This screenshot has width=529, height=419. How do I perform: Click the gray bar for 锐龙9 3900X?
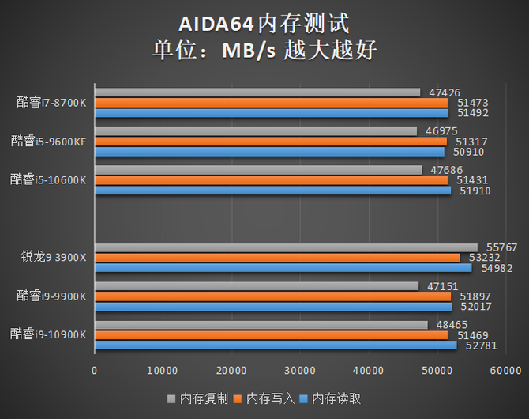pos(286,247)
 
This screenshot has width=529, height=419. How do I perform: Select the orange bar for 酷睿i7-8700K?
pos(271,103)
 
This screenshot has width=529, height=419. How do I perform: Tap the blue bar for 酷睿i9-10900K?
pos(276,345)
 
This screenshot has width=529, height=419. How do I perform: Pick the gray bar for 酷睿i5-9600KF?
pos(255,131)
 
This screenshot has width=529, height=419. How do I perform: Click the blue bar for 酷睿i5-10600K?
pos(272,191)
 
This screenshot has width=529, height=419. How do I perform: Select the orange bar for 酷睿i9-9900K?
pos(272,296)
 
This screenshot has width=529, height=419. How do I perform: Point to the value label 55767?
pos(501,247)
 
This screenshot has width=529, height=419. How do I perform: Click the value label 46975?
pos(441,131)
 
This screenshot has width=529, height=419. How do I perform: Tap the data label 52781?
pos(482,345)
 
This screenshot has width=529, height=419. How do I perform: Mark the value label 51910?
pos(475,191)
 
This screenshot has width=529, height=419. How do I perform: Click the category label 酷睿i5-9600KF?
pos(49,142)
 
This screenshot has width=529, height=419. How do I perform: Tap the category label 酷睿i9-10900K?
pos(49,335)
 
